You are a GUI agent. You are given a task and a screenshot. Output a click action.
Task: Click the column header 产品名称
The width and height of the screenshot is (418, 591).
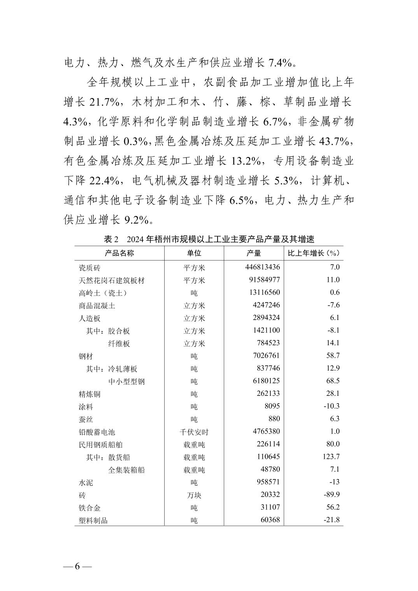click(119, 253)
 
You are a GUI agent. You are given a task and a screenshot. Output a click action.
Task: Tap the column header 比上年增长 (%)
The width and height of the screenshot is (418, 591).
click(313, 253)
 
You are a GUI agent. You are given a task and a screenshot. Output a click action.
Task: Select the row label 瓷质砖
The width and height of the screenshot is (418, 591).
click(90, 268)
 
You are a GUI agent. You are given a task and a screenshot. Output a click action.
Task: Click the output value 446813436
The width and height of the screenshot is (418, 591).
click(262, 267)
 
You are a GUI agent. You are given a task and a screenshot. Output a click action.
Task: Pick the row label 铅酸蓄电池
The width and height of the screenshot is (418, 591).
click(97, 432)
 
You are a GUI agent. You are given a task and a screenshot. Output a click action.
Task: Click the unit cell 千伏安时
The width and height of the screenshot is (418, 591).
click(194, 432)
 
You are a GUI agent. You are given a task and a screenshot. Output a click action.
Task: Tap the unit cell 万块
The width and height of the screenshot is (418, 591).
click(194, 495)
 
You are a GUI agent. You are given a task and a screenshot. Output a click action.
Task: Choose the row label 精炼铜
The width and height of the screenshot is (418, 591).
click(90, 394)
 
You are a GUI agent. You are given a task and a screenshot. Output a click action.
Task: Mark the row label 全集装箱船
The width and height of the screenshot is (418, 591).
click(126, 470)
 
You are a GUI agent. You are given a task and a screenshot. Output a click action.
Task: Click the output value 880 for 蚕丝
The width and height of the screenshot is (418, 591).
click(274, 419)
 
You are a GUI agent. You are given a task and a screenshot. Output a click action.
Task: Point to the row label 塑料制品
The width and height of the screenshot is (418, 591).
click(93, 520)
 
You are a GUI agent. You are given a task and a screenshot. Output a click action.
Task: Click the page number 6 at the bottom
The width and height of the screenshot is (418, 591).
click(77, 566)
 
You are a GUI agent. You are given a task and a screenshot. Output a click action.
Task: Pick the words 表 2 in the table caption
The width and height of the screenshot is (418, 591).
click(111, 239)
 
